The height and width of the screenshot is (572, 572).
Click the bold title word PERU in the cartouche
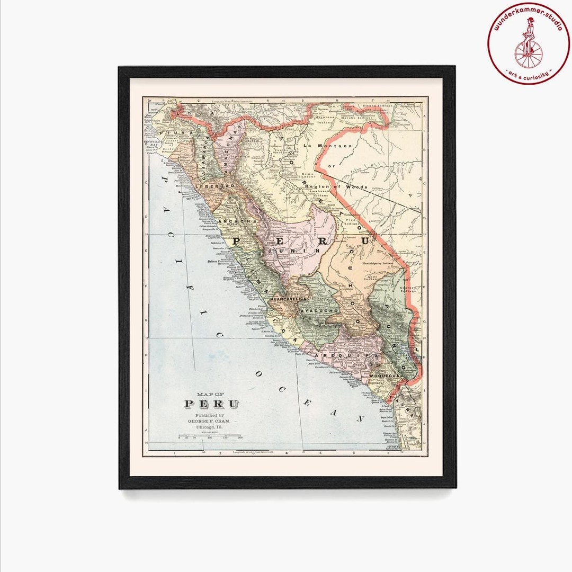point(212,404)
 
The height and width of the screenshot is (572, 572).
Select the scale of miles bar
point(210,435)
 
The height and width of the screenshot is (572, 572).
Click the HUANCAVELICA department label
point(289,300)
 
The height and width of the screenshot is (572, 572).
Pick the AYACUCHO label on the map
point(319,310)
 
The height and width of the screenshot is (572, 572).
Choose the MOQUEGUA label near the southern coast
point(383,375)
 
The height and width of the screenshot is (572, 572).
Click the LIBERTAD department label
point(215,186)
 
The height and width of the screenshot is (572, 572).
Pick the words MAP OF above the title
point(210,394)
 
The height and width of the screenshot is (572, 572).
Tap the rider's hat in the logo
point(530,20)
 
